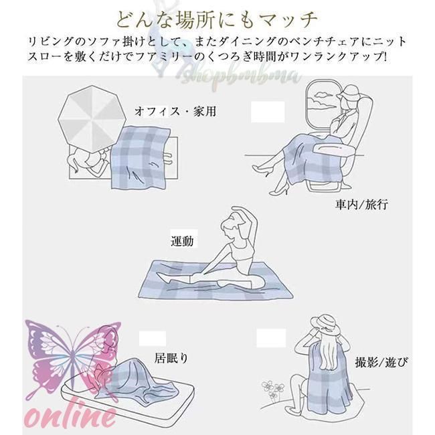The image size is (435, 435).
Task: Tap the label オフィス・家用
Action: pos(166,112)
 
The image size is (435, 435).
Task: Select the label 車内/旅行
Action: pos(362,203)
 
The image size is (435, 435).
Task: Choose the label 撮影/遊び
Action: pos(382,362)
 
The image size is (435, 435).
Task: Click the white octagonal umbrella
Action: pos(88,118)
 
